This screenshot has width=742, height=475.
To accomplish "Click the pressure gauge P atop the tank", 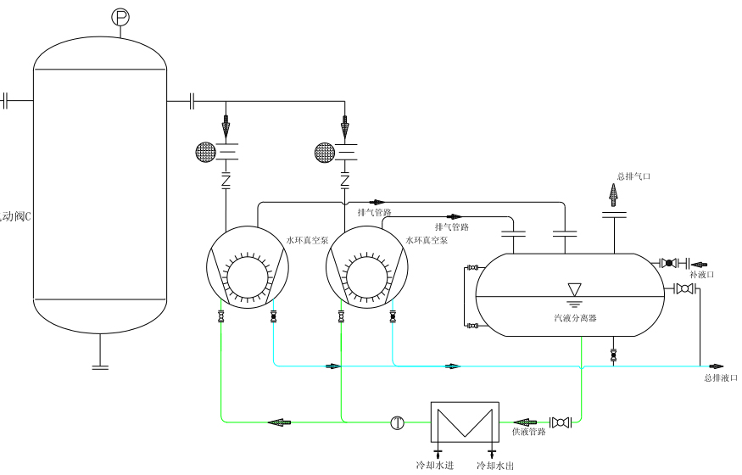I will [120, 16].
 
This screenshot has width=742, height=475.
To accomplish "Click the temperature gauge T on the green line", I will [397, 422].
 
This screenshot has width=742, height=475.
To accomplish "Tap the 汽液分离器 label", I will [570, 318].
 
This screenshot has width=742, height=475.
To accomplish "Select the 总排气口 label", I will [633, 176].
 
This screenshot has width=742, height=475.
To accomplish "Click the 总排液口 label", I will [721, 377].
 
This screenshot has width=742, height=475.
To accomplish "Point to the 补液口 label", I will [702, 275].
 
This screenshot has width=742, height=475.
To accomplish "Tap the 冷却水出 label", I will [495, 466].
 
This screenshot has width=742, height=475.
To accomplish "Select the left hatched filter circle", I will [206, 152].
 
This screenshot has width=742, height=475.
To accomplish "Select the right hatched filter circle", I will [325, 152].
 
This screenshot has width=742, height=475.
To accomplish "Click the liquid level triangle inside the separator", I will [574, 289].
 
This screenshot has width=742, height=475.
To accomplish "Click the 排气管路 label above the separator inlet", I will [452, 227].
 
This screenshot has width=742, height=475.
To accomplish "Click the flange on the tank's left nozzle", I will [6, 100].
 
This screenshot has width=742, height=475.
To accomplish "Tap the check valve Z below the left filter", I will [226, 181].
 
